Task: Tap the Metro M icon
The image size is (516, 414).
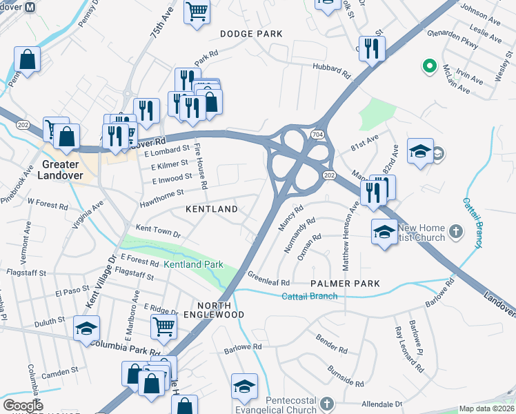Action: [30, 6]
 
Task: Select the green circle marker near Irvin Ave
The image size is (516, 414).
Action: [428, 66]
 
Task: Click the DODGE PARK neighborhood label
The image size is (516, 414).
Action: [252, 34]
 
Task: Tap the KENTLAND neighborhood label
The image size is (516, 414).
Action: [211, 208]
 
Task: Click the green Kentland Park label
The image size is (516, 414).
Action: [193, 264]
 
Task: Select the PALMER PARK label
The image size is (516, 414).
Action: [345, 284]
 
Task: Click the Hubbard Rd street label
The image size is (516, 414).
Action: [333, 68]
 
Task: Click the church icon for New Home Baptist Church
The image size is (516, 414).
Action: [456, 230]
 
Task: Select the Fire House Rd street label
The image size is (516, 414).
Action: [201, 166]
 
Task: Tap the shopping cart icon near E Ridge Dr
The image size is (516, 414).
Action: [164, 326]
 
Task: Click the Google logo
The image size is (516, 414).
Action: [23, 406]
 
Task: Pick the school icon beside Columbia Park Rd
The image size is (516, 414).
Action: [87, 328]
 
